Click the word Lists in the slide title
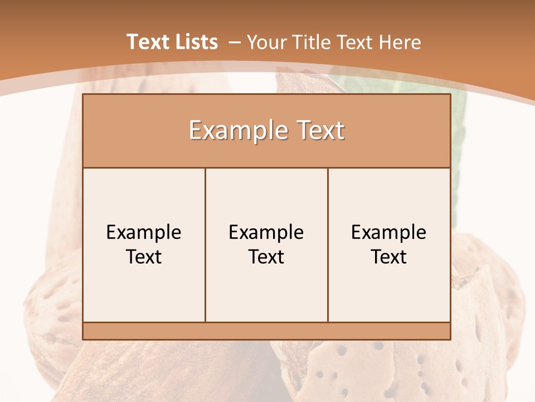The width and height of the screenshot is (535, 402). click(195, 42)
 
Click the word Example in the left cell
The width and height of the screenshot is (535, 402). click(144, 232)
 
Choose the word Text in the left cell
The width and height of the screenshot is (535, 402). click(144, 257)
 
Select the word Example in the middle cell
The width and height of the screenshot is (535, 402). click(266, 232)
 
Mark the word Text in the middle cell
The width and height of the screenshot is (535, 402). click(266, 257)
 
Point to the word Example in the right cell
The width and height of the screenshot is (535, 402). click(389, 232)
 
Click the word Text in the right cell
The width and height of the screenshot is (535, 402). click(389, 257)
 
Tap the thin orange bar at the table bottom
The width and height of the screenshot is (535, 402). click(266, 331)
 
